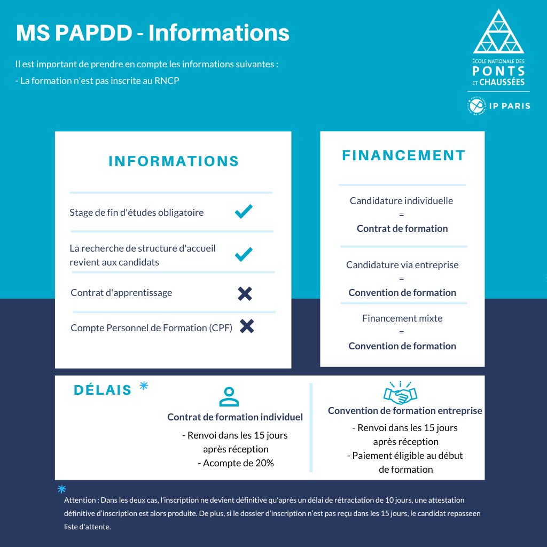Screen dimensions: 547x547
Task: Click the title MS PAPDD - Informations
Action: [152, 33]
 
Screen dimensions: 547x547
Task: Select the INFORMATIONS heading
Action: [174, 161]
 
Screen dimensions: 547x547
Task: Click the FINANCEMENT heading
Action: [403, 155]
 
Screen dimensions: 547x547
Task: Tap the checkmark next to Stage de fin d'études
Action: [244, 212]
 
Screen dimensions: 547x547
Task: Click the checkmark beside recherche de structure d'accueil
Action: [244, 254]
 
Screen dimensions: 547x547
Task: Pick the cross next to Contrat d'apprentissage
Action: [245, 293]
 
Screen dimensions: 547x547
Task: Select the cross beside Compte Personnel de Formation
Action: [247, 326]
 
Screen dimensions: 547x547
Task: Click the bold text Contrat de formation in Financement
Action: [402, 229]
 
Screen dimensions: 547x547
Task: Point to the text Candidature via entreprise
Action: [402, 265]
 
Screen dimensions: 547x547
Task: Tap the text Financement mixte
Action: [402, 318]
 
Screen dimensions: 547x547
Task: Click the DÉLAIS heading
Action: [103, 390]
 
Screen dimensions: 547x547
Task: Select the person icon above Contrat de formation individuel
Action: [229, 397]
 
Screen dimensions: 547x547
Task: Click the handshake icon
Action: [400, 394]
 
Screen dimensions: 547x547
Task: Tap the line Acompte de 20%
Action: [236, 463]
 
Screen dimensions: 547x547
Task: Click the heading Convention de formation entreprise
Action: [405, 411]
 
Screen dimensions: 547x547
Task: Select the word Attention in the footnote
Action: [80, 501]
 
